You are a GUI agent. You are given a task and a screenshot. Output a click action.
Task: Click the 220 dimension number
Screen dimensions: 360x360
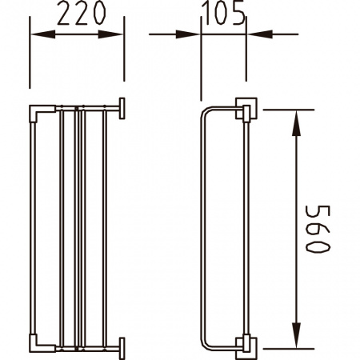click(82, 14)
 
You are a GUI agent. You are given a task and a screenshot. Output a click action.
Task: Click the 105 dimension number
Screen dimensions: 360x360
click(223, 14)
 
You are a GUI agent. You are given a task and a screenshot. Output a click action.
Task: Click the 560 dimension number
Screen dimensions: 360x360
click(318, 229)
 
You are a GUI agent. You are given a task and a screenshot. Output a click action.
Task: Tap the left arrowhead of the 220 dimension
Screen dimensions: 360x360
click(43, 34)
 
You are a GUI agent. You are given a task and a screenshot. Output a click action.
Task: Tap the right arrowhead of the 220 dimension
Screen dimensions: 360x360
click(110, 34)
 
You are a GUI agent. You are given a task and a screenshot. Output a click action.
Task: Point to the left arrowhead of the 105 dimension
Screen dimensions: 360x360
click(188, 34)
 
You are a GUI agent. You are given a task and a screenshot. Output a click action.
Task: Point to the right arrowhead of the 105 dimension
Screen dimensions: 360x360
click(260, 34)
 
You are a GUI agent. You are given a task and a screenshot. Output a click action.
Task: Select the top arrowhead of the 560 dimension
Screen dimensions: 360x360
click(296, 123)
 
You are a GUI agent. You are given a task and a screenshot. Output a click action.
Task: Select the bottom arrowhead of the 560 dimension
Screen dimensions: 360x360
click(296, 335)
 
